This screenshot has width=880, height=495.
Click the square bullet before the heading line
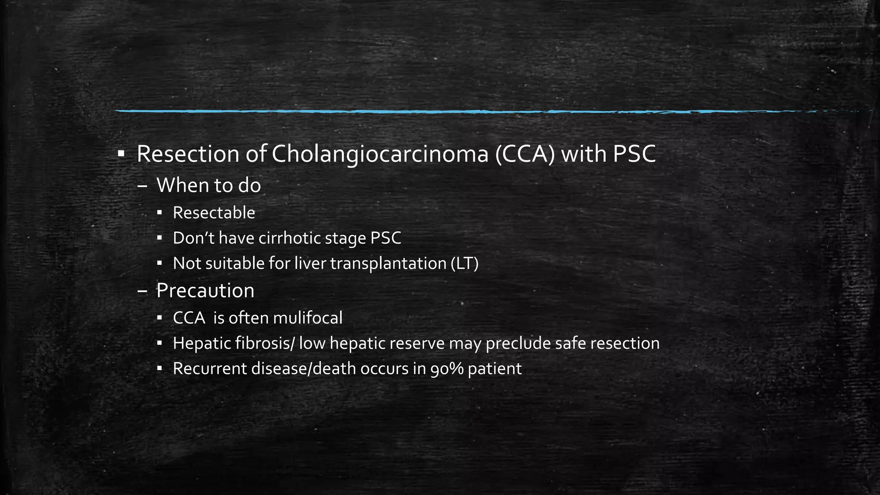[121, 153]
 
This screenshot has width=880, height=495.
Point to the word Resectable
[214, 213]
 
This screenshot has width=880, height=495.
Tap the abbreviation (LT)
[464, 263]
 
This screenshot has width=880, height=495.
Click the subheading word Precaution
[205, 290]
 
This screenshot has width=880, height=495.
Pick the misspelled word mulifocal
[307, 318]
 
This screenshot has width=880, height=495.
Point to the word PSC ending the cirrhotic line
[385, 238]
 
